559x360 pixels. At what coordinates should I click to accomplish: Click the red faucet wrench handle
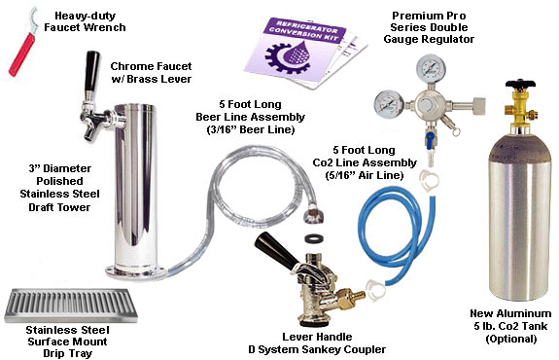click(x=21, y=54)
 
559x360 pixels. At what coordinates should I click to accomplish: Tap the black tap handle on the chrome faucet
click(x=91, y=71)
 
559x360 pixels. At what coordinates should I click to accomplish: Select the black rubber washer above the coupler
click(x=314, y=237)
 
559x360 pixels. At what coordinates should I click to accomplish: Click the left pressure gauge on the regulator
click(x=389, y=104)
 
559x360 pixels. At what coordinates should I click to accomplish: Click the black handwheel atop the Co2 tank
click(x=520, y=84)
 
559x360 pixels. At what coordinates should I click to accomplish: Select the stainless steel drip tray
click(x=71, y=306)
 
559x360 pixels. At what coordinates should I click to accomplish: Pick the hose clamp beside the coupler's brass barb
click(x=375, y=289)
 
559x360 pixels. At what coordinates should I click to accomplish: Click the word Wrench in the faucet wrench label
click(x=106, y=27)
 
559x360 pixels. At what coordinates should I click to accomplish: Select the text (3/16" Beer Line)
click(x=251, y=129)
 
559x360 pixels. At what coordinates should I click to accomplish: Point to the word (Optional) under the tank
click(x=510, y=339)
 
